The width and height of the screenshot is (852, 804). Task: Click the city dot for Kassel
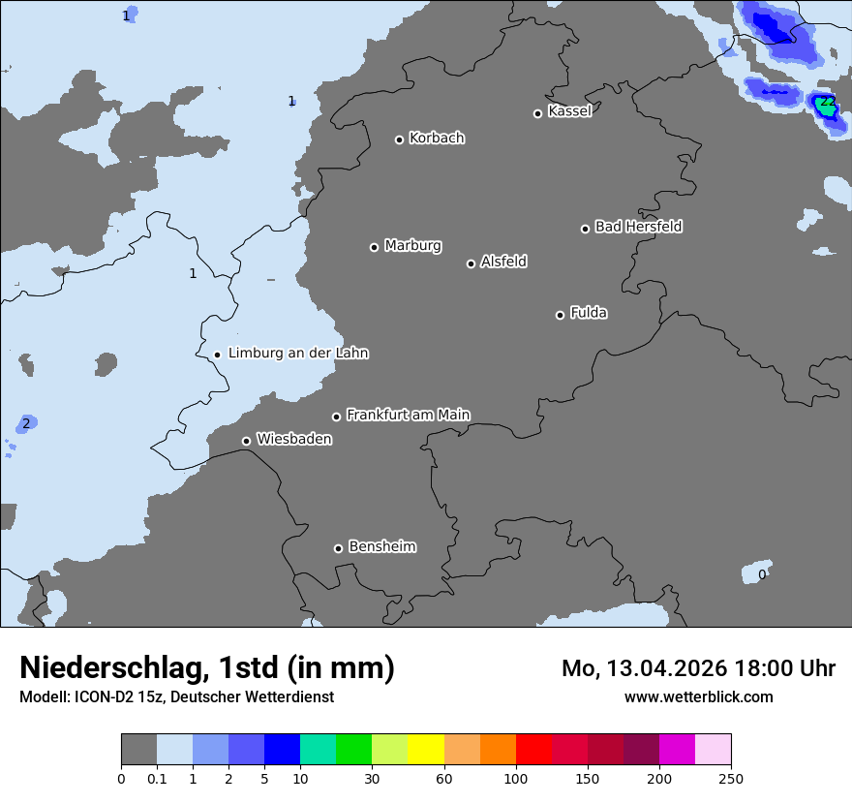point(537,113)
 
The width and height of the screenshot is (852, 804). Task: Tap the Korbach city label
point(437,139)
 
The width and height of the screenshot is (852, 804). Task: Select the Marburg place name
point(412,246)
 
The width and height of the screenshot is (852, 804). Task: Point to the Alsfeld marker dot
point(471,263)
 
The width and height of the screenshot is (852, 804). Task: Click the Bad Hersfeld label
point(638,227)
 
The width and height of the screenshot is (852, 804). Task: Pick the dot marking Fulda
point(560,315)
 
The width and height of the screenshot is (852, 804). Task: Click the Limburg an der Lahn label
point(298,354)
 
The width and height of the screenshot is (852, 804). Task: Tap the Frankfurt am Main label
point(408,415)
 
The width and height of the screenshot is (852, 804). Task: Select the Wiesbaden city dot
point(246,441)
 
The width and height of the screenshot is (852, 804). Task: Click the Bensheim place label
point(381,547)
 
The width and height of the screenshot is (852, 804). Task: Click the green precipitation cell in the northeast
point(826,106)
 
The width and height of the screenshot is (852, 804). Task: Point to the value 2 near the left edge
point(26,423)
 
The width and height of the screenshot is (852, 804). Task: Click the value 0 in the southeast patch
point(762,574)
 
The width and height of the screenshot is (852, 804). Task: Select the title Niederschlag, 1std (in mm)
point(207,668)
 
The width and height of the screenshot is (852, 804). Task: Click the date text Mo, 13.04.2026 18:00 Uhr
point(698,668)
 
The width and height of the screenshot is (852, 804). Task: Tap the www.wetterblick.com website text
point(698,696)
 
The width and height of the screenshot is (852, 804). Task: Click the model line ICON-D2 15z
point(176,696)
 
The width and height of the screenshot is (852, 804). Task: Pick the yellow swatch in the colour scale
point(426,750)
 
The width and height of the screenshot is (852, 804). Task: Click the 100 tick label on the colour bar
point(516,778)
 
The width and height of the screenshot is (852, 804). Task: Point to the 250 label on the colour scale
point(730,778)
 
